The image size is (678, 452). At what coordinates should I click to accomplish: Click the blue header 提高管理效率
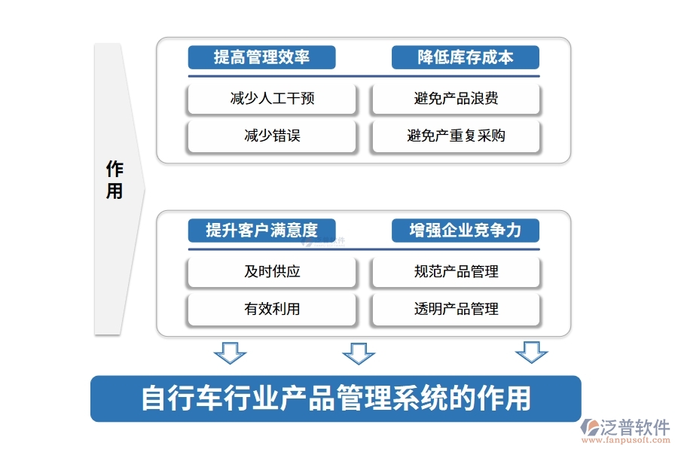(261, 57)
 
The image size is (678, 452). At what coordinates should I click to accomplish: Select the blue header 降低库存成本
(466, 57)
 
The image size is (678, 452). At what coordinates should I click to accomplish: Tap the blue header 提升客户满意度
(261, 231)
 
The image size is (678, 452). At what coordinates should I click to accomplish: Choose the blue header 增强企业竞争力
(466, 231)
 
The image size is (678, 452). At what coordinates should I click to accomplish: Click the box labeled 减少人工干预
(272, 99)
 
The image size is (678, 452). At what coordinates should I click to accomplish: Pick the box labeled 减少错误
(272, 136)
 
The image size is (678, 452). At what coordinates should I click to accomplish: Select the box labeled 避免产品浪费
(456, 99)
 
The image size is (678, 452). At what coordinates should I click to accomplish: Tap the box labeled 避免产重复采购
(456, 136)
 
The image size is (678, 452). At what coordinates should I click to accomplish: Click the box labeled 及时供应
(272, 272)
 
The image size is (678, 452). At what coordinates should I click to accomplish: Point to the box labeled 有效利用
(272, 309)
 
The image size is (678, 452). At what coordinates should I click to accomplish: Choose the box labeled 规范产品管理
(456, 272)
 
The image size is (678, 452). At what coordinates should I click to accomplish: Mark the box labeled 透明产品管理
(456, 309)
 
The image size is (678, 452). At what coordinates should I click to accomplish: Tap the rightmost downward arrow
(531, 352)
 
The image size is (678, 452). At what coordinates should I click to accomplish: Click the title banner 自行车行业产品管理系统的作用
(336, 399)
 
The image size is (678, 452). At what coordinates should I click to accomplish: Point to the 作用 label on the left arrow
(115, 179)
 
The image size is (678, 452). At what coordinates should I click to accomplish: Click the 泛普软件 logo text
(634, 427)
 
